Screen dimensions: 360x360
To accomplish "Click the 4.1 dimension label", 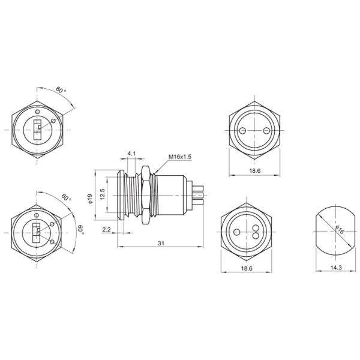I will pyautogui.click(x=131, y=154).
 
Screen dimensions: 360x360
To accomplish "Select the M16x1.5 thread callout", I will pyautogui.click(x=179, y=157).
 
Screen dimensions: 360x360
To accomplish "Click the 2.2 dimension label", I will pyautogui.click(x=106, y=230).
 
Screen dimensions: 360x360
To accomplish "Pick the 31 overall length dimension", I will pyautogui.click(x=161, y=242).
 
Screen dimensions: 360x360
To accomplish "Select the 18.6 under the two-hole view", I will pyautogui.click(x=254, y=171).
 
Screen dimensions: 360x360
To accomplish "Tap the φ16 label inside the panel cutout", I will pyautogui.click(x=338, y=230).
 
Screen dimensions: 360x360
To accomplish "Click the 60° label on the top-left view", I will pyautogui.click(x=60, y=90).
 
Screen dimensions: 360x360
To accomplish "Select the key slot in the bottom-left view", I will pyautogui.click(x=38, y=232).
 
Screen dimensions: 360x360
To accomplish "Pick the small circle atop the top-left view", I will pyautogui.click(x=37, y=112).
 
